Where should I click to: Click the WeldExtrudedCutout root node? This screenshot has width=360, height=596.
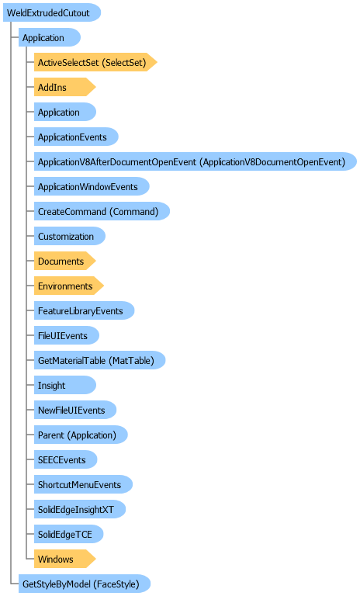[52, 12]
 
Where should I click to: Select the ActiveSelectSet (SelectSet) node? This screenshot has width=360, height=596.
[95, 62]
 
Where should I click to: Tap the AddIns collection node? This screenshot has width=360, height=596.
[64, 87]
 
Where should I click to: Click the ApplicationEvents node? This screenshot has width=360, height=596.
[76, 137]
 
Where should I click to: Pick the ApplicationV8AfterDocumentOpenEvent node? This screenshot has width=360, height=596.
[196, 161]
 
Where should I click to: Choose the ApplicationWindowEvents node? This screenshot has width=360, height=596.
[92, 186]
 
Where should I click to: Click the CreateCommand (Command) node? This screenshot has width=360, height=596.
[102, 211]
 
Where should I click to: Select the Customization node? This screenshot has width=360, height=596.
[70, 236]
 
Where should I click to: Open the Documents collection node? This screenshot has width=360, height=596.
[64, 261]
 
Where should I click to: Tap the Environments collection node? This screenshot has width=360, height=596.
[69, 286]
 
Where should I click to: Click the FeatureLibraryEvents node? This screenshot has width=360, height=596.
[84, 310]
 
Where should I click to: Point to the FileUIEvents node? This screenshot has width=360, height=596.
[67, 335]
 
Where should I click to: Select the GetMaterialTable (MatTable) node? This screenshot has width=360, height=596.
[99, 360]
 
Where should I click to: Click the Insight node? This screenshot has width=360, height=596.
[65, 385]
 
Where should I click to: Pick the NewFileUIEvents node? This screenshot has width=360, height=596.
[75, 410]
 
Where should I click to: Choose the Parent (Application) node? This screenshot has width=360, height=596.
[81, 435]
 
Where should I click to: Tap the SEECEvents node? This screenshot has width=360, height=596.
[65, 459]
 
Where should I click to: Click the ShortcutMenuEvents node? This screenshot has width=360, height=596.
[83, 484]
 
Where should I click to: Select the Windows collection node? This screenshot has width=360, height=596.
[64, 559]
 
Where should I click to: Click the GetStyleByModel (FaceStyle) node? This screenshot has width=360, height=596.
[85, 584]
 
